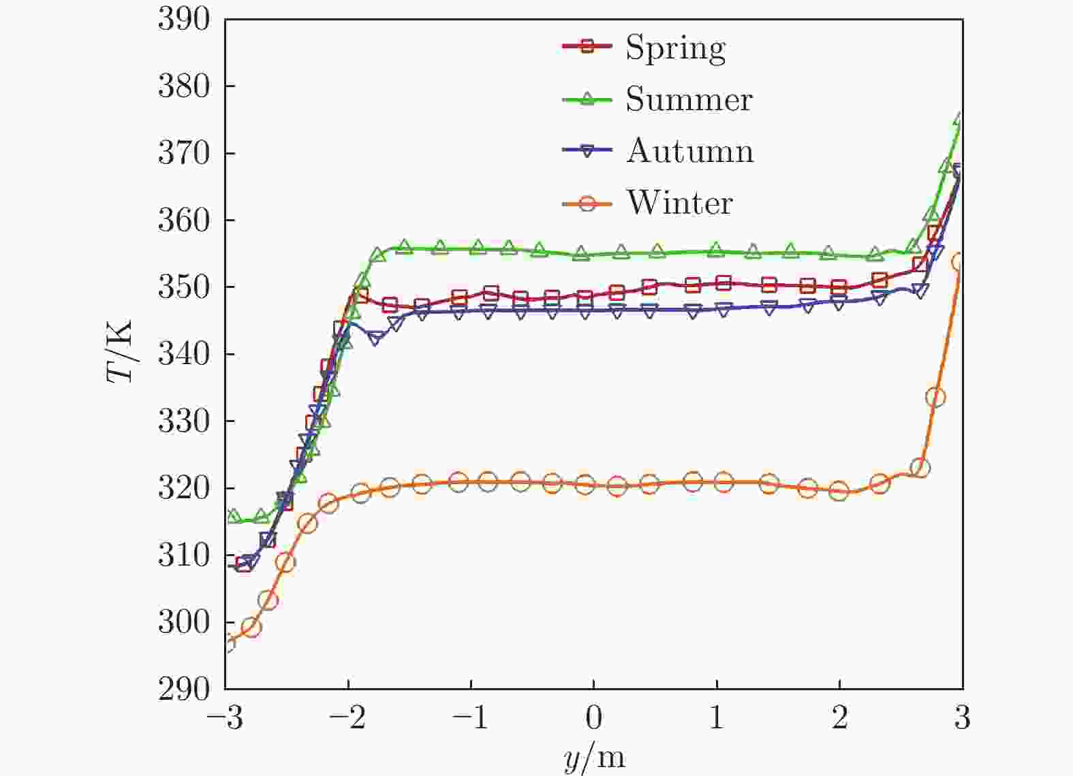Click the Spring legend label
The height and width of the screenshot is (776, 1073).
click(675, 48)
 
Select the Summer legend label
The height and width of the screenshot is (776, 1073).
click(689, 99)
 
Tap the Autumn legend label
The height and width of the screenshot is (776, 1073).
click(689, 151)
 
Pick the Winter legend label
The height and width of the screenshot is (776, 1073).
click(679, 203)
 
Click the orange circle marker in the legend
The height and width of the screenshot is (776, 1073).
click(587, 203)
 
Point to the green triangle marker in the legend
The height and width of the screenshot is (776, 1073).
click(587, 99)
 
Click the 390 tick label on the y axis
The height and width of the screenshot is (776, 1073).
click(183, 19)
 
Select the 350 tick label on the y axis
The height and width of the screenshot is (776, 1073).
click(183, 287)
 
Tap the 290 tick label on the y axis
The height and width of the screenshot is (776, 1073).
click(183, 689)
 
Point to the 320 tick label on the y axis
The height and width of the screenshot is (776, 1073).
click(183, 488)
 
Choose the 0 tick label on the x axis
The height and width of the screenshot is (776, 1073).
click(593, 719)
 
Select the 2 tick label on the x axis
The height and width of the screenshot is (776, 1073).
click(839, 719)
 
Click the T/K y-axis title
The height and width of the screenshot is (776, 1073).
click(121, 351)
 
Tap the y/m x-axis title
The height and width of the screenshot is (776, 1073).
click(594, 758)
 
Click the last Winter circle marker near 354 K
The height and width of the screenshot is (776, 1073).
click(959, 262)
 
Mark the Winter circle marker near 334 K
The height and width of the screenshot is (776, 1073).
click(935, 398)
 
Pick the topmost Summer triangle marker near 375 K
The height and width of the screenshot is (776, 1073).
click(960, 120)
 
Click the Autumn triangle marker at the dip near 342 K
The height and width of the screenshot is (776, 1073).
click(375, 338)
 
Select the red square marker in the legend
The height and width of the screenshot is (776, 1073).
click(587, 47)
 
